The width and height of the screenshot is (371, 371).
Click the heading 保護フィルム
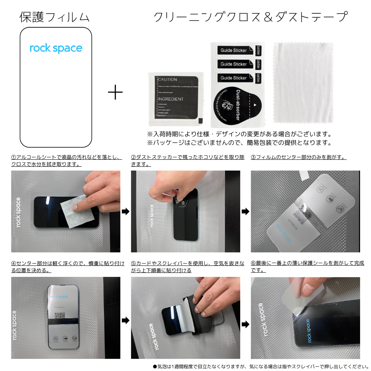55,17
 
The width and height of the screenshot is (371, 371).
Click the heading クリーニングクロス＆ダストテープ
250,17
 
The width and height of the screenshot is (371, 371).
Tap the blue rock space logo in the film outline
56,48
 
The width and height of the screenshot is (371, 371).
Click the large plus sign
115,93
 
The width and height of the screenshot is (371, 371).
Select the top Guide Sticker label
234,50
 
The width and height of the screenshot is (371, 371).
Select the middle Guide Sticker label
234,64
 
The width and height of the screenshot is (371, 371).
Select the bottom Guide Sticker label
234,78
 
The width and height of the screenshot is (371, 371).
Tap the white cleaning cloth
303,82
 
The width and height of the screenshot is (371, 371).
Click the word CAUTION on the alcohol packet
168,80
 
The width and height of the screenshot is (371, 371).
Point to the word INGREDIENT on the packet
171,99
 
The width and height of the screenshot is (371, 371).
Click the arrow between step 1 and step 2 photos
125,212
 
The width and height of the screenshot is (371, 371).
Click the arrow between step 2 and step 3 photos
245,212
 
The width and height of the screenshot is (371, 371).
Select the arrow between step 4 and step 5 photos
125,321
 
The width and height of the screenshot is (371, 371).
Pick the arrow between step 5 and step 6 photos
245,324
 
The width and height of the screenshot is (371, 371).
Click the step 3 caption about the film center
298,157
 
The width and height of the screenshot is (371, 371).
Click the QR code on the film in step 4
59,316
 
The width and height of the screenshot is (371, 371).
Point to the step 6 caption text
307,267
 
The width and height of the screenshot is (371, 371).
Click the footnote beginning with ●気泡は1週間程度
260,366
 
